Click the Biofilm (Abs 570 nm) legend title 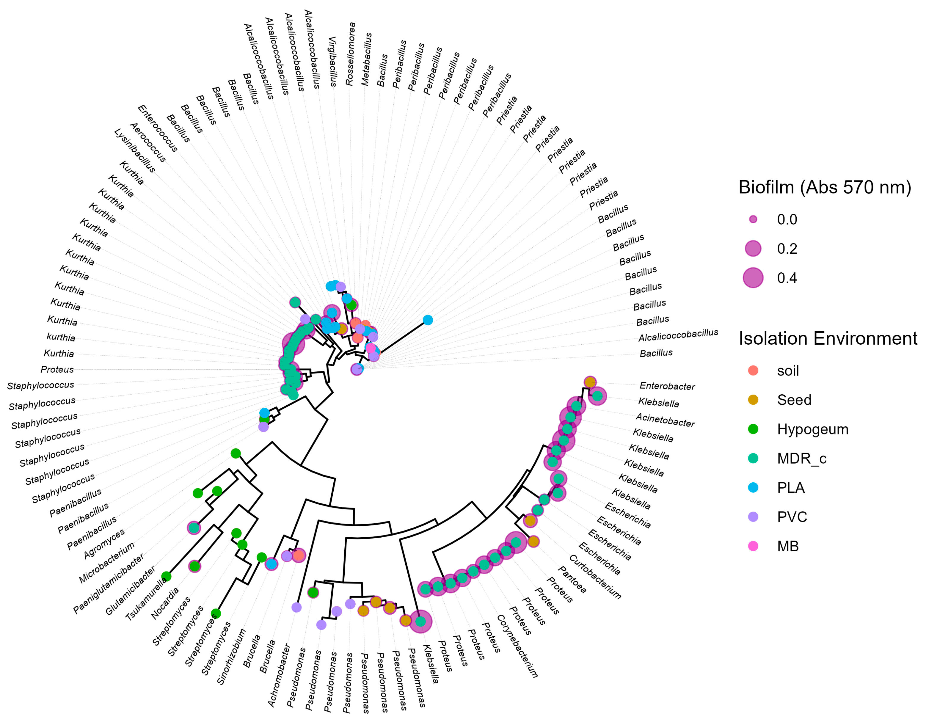pyautogui.click(x=825, y=187)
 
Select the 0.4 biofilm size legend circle pyautogui.click(x=753, y=278)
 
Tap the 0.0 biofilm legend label pyautogui.click(x=787, y=220)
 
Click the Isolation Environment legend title pyautogui.click(x=828, y=338)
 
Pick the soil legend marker pyautogui.click(x=753, y=371)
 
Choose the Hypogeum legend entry pyautogui.click(x=812, y=429)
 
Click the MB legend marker pyautogui.click(x=753, y=546)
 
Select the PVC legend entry pyautogui.click(x=792, y=517)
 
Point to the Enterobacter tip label pyautogui.click(x=667, y=386)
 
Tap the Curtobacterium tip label pyautogui.click(x=595, y=577)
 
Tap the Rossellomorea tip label pyautogui.click(x=350, y=54)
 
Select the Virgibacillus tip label pyautogui.click(x=333, y=62)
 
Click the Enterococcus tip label pyautogui.click(x=158, y=128)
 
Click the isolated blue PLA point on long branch pyautogui.click(x=428, y=320)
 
